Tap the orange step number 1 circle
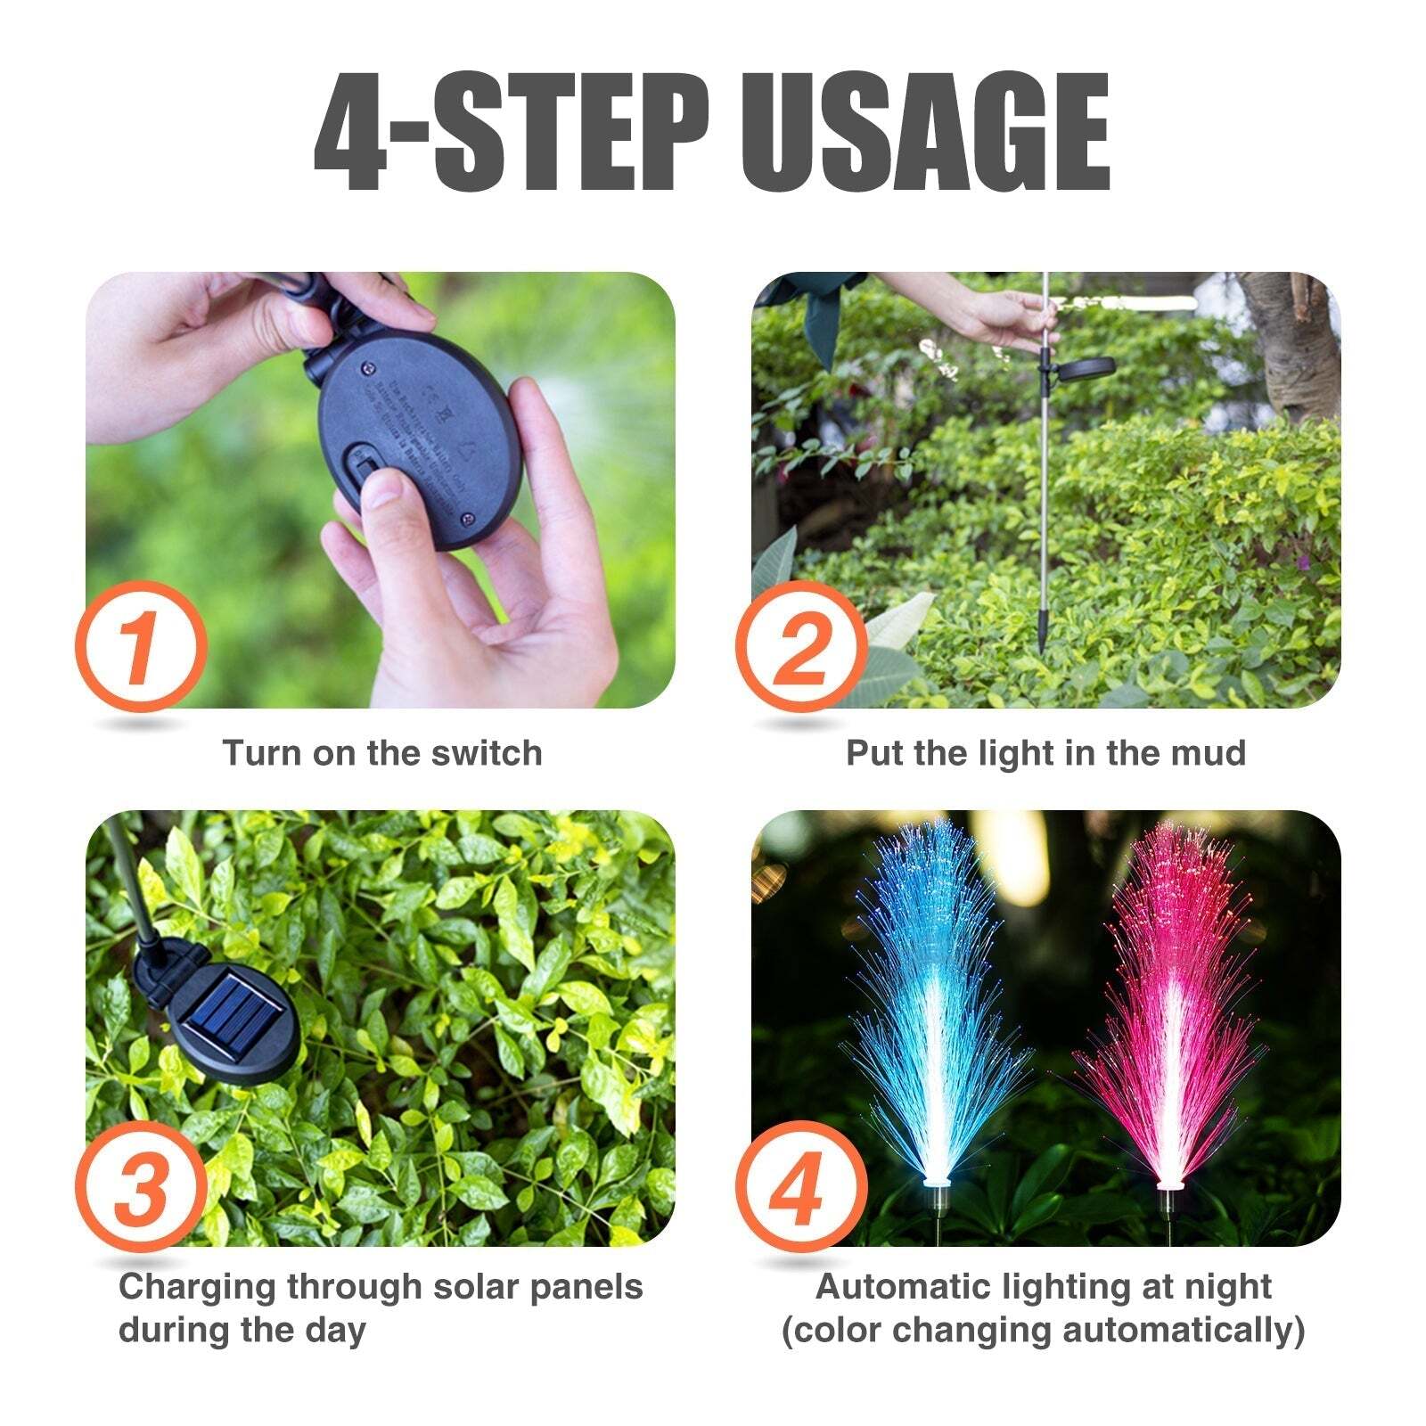pos(141,646)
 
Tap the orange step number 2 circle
pos(800,646)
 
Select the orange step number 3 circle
pos(141,1186)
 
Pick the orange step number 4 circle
pos(800,1186)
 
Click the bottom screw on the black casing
pos(466,518)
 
